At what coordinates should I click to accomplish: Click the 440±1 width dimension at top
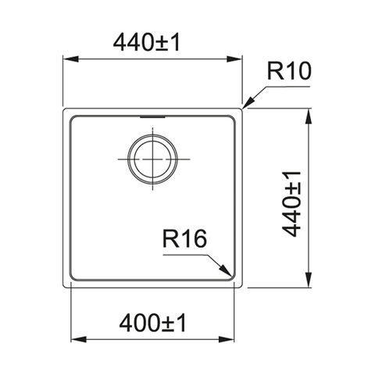click(x=147, y=43)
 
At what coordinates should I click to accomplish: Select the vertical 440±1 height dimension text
click(x=291, y=204)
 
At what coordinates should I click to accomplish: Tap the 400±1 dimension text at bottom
click(x=152, y=323)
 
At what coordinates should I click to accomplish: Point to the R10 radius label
click(x=289, y=71)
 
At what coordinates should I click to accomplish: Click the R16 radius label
click(x=184, y=239)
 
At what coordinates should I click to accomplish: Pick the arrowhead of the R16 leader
click(x=225, y=270)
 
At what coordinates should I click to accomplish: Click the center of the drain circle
click(x=152, y=159)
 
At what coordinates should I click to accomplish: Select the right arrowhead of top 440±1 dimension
click(x=234, y=59)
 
